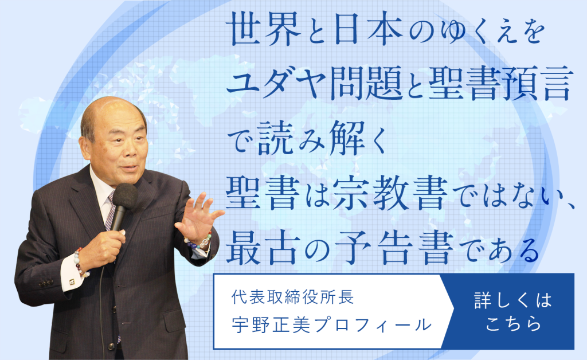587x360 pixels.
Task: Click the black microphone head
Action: tap(124, 196)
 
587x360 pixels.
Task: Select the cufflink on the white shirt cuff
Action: tap(72, 281)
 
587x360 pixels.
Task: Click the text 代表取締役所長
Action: tap(292, 298)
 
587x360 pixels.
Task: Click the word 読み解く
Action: tap(322, 138)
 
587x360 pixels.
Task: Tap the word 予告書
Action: tap(394, 248)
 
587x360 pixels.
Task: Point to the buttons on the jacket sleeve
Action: tap(45, 283)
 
